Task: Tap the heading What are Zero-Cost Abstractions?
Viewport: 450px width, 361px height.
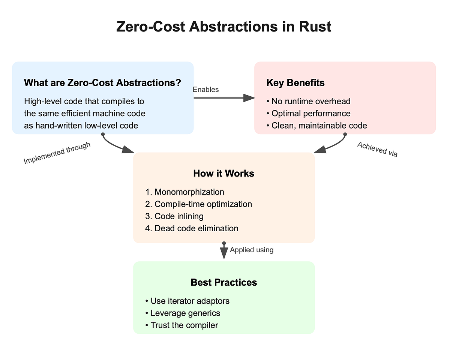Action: coord(102,82)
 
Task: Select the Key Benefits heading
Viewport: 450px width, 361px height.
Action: coord(295,82)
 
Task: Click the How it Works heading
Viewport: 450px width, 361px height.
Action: coord(223,173)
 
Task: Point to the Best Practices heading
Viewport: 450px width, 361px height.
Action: coord(223,282)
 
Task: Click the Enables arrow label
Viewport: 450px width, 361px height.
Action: coord(205,90)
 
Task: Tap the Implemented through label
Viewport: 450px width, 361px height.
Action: coord(57,153)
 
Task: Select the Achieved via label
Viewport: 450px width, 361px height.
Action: coord(377,149)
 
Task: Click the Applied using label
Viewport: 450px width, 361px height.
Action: coord(252,250)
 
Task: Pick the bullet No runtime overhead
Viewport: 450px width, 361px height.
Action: coord(308,101)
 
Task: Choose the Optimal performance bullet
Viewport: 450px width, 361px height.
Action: coord(308,113)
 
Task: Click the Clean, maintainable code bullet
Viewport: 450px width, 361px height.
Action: coord(316,125)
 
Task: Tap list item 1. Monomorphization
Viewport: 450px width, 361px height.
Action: coord(184,192)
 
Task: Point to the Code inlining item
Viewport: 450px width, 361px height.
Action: coord(174,216)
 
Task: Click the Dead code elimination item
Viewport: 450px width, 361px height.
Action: coord(191,228)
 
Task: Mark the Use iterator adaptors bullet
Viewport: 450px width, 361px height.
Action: coord(187,301)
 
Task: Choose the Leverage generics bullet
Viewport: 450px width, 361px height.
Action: coord(182,313)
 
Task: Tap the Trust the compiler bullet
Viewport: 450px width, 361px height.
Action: coord(181,325)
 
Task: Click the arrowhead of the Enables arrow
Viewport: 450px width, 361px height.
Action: coord(249,98)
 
